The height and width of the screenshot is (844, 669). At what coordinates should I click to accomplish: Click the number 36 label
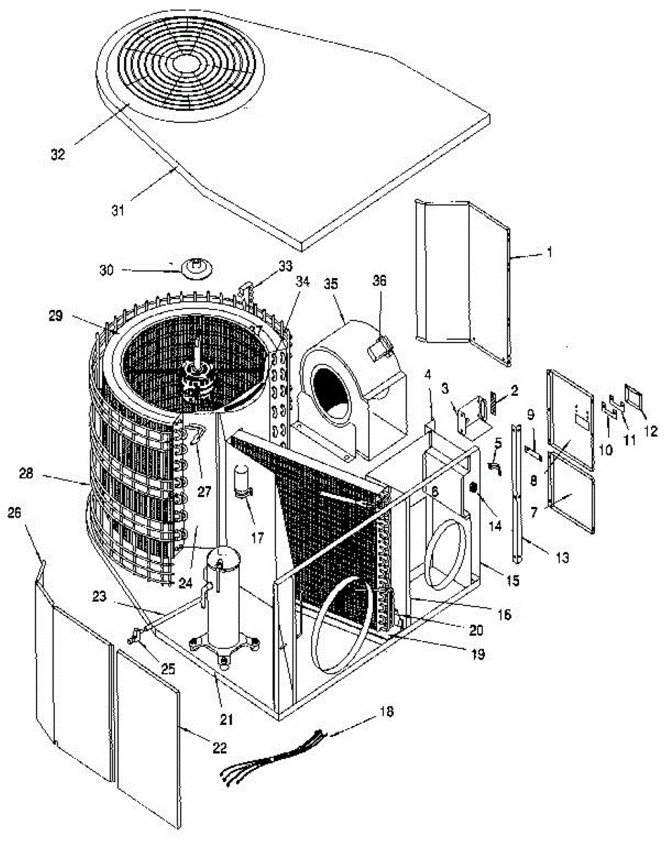(x=379, y=279)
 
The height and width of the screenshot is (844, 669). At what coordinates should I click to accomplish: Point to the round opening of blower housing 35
(x=332, y=389)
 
